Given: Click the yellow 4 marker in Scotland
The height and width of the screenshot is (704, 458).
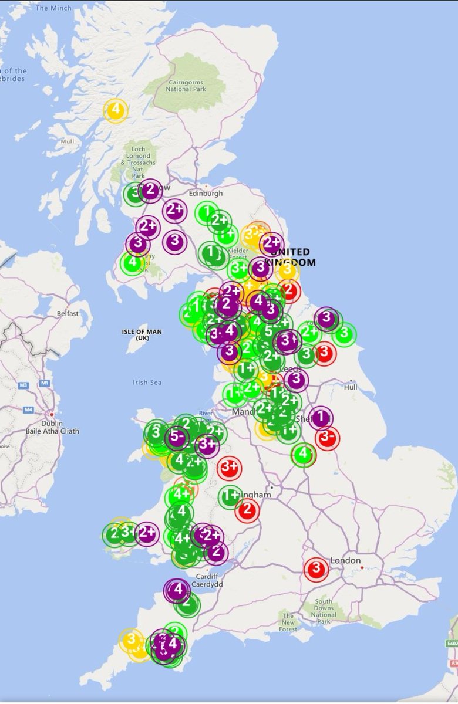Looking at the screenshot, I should point(116,110).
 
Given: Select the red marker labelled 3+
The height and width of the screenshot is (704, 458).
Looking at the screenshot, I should point(229,468).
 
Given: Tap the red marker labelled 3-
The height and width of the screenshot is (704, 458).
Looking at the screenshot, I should point(327,438).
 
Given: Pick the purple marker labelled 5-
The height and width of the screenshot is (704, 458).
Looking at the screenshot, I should point(177,436).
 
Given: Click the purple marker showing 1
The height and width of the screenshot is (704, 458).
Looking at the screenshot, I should point(321,418).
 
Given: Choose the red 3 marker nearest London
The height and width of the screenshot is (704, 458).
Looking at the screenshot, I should point(316,568).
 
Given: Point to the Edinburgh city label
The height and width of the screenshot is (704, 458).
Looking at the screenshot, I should point(206,193).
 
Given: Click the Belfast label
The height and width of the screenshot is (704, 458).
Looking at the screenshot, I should point(68,314).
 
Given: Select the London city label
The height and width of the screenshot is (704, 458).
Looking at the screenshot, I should point(345,561).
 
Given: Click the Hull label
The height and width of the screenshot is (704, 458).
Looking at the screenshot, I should point(351,387).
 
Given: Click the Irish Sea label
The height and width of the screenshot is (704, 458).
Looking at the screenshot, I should point(147,383).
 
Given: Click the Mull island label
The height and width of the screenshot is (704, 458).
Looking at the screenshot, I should point(68,141).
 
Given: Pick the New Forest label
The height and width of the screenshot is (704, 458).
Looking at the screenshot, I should point(288,619).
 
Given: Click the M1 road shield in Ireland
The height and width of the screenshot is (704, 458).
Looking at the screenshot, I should point(45,383).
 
